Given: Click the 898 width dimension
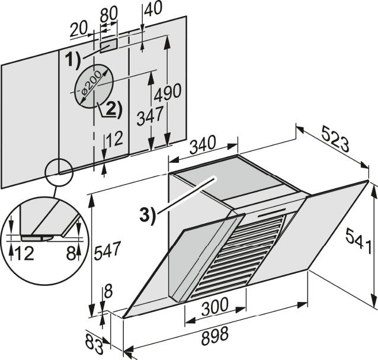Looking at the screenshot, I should click(214, 336).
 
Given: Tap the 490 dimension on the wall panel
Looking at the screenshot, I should click(167, 93).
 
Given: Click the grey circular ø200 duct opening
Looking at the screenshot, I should click(94, 86).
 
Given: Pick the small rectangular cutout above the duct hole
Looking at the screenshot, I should click(108, 44).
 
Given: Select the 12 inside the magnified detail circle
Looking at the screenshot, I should click(25, 253).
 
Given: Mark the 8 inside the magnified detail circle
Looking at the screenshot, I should click(70, 253).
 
